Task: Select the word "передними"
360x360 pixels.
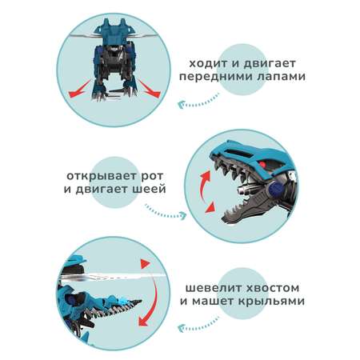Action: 216,77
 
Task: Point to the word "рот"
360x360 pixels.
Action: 151,177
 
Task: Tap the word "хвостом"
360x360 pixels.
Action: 273,288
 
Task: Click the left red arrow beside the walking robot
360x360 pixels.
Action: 79,90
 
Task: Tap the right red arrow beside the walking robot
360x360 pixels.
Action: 149,89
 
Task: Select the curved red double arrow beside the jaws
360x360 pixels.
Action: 202,192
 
